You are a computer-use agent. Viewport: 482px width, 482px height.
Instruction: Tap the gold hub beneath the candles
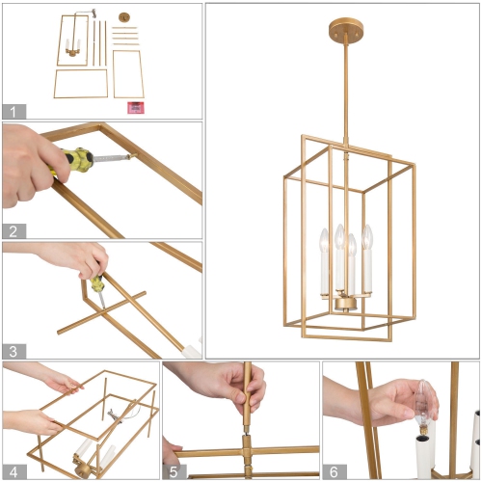click(x=343, y=305)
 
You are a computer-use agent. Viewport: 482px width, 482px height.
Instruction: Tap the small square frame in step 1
click(x=127, y=73)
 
